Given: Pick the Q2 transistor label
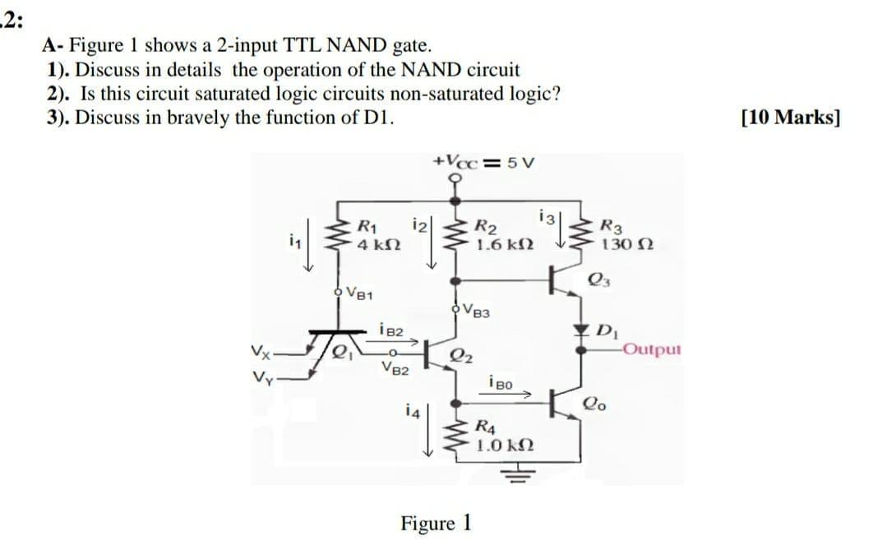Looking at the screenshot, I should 460,354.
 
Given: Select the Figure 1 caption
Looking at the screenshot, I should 436,523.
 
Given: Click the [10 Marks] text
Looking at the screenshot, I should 790,116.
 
